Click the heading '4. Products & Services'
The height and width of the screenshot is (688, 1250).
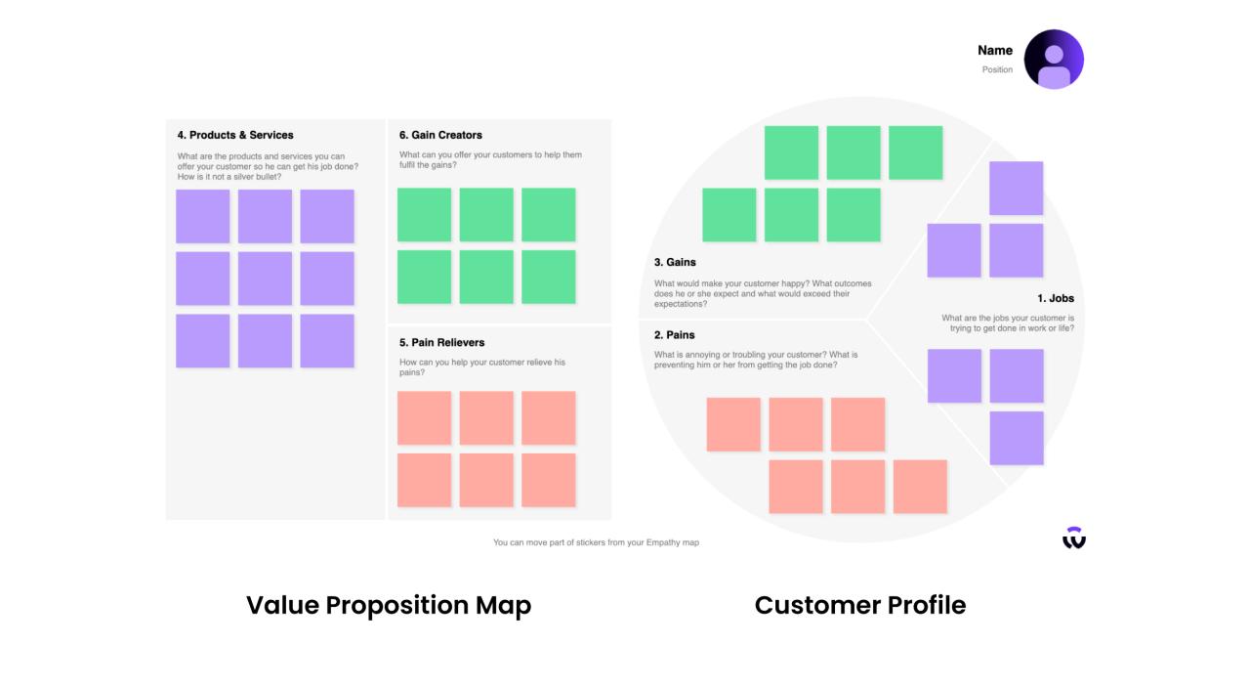[x=235, y=135]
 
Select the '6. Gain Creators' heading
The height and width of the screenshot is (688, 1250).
[x=440, y=135]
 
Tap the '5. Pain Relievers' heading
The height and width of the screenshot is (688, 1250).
[x=441, y=342]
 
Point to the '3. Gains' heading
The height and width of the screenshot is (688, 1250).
[x=675, y=262]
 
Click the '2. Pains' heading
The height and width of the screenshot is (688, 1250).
[x=674, y=335]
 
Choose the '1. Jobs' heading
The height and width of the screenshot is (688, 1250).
[x=1055, y=298]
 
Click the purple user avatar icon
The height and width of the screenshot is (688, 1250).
[x=1054, y=60]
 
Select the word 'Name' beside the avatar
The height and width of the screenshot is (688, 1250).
[x=995, y=50]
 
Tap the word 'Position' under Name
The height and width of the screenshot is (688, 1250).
[x=997, y=69]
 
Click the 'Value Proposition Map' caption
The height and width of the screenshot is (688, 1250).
[x=389, y=605]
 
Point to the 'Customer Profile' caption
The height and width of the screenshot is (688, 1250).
[x=860, y=605]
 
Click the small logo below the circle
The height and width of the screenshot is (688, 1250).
[x=1074, y=537]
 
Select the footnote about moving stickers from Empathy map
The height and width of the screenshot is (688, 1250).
[x=596, y=542]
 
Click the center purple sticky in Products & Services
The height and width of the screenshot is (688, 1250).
[x=265, y=279]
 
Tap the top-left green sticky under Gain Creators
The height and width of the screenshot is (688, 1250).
[x=424, y=215]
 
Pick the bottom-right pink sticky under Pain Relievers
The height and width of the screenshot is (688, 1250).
[x=549, y=480]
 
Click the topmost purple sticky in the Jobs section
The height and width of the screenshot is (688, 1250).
[x=1016, y=188]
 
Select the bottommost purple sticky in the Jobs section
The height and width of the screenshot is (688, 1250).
[x=1016, y=438]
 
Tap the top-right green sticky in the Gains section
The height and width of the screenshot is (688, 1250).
[x=915, y=152]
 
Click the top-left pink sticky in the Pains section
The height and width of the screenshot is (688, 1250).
[x=733, y=424]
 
